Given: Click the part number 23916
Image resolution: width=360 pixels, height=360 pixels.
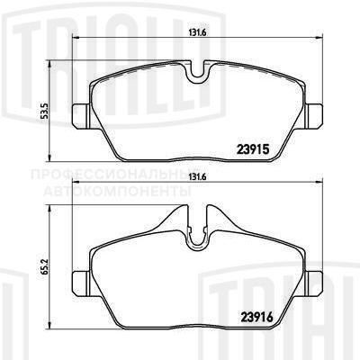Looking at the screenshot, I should pos(270,315).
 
